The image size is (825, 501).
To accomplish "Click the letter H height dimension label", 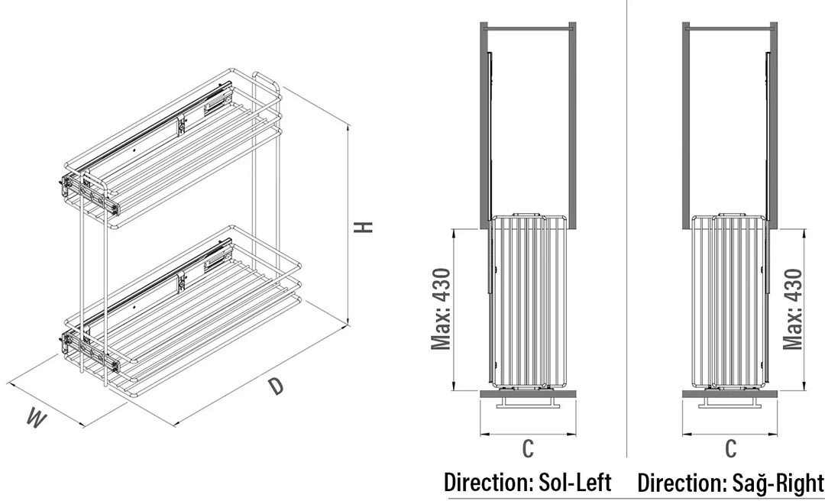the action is click(x=364, y=226).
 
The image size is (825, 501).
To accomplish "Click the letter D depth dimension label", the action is click(x=275, y=386).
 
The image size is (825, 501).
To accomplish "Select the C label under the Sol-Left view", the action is click(x=528, y=448).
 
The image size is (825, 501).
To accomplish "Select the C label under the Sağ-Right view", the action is click(x=730, y=448).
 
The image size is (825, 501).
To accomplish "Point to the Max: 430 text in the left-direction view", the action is click(x=441, y=309).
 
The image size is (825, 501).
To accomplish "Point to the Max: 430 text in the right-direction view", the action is click(x=792, y=309).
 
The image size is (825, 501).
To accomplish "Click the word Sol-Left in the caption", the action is click(x=575, y=482).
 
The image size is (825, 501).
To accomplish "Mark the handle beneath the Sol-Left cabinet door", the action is click(x=528, y=402).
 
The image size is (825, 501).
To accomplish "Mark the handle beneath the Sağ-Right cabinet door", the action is click(x=730, y=402).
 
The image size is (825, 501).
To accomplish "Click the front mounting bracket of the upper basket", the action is click(x=89, y=194).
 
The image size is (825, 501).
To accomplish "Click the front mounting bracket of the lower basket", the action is click(x=89, y=349).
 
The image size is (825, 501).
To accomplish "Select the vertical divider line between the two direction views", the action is click(x=626, y=229).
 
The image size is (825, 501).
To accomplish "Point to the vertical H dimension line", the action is click(x=348, y=225).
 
